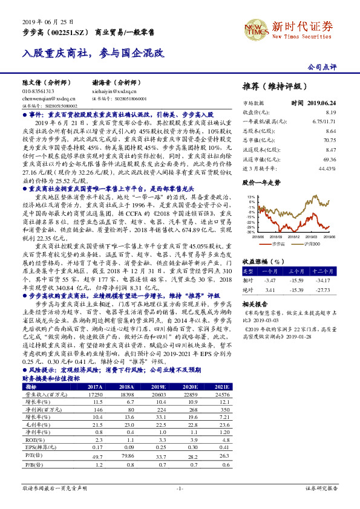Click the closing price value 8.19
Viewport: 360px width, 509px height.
pyautogui.click(x=330, y=112)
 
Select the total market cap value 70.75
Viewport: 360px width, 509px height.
pyautogui.click(x=330, y=139)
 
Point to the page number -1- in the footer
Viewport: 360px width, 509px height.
pyautogui.click(x=180, y=487)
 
